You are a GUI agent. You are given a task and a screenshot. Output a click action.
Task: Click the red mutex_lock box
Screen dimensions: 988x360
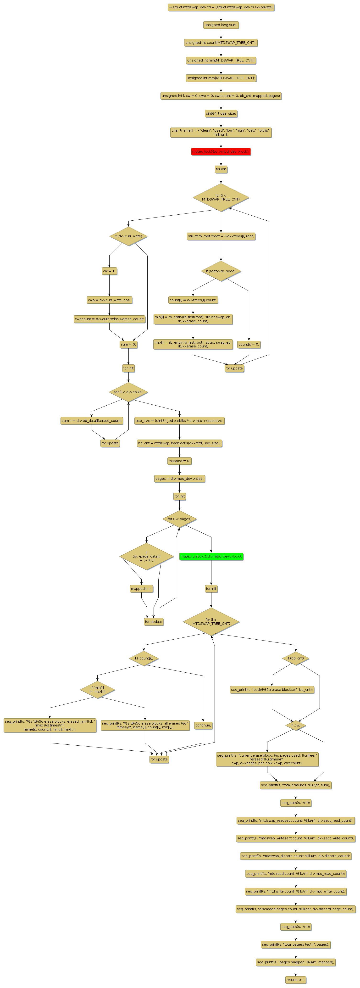pyautogui.click(x=221, y=151)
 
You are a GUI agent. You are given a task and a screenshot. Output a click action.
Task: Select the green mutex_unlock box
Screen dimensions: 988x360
pyautogui.click(x=211, y=556)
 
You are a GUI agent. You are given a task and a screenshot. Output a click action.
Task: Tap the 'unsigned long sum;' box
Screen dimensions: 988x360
pyautogui.click(x=221, y=25)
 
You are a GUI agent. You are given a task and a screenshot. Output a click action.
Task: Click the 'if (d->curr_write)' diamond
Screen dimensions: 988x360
pyautogui.click(x=128, y=236)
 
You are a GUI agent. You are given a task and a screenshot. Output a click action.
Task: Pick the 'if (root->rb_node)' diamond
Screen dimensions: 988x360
pyautogui.click(x=221, y=271)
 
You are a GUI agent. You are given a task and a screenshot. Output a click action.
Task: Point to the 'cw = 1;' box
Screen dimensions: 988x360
pyautogui.click(x=109, y=271)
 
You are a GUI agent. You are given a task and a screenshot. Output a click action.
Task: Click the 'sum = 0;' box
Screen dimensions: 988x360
pyautogui.click(x=128, y=344)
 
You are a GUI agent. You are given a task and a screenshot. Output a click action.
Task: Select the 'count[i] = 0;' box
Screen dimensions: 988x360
pyautogui.click(x=249, y=344)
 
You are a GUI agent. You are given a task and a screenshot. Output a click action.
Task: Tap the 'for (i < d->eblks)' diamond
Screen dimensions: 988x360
pyautogui.click(x=128, y=392)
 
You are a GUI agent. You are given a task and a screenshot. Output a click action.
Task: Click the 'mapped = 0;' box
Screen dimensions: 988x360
pyautogui.click(x=179, y=461)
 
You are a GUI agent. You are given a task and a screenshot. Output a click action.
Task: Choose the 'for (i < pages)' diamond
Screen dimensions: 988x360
pyautogui.click(x=179, y=519)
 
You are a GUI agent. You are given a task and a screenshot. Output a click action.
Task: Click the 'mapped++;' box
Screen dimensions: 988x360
pyautogui.click(x=141, y=589)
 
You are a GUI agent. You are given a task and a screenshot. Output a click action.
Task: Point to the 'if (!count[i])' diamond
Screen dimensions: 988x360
pyautogui.click(x=144, y=658)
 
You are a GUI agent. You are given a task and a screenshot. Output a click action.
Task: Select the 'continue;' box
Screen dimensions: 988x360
pyautogui.click(x=203, y=725)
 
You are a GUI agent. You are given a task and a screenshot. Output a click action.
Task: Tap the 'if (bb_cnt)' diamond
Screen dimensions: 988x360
pyautogui.click(x=296, y=658)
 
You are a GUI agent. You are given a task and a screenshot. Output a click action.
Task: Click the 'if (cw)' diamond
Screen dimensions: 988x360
pyautogui.click(x=296, y=725)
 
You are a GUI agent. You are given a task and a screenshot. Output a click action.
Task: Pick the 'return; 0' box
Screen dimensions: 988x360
pyautogui.click(x=296, y=980)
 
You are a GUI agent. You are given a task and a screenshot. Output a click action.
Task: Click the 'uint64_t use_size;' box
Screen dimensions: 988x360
pyautogui.click(x=221, y=113)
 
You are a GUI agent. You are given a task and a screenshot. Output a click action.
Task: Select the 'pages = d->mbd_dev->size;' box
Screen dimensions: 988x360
pyautogui.click(x=179, y=479)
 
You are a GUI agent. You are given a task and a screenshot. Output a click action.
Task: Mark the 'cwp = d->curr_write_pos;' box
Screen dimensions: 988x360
pyautogui.click(x=109, y=300)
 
